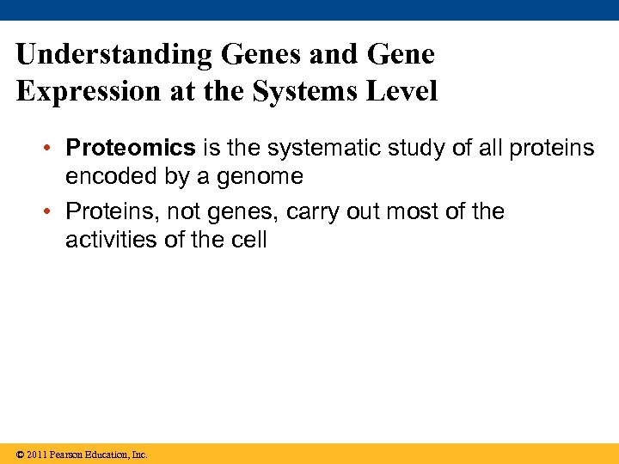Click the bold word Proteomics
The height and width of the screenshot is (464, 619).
(131, 149)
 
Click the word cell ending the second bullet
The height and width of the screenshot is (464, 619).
(249, 240)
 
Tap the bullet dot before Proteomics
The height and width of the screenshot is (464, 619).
(53, 149)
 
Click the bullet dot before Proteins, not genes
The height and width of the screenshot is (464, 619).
(53, 211)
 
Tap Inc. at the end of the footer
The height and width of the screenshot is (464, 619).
(139, 455)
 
